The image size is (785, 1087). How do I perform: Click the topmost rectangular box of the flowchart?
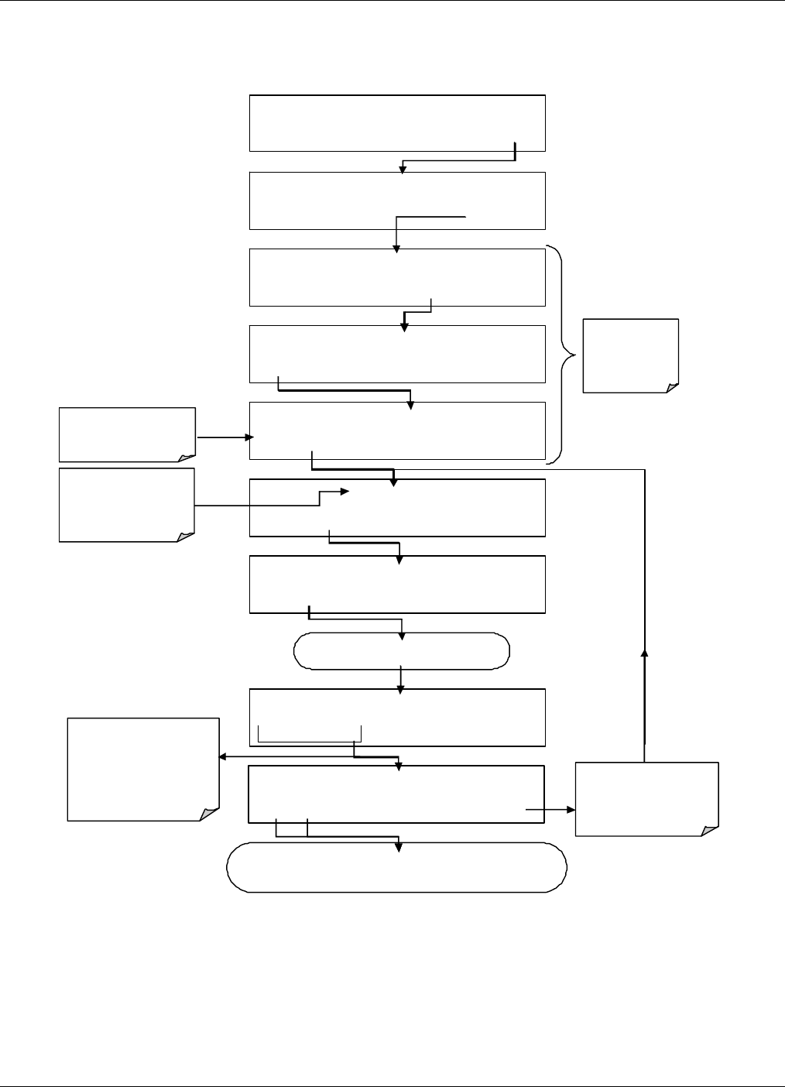(397, 123)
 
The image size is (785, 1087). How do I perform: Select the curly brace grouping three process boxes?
(566, 355)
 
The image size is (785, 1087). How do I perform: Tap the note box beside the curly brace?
(630, 355)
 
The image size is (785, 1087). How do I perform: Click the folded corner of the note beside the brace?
(672, 386)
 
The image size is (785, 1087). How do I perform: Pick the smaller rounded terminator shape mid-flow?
(401, 651)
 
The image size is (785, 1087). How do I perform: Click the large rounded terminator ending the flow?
(396, 867)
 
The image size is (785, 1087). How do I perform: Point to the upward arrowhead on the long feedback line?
(644, 653)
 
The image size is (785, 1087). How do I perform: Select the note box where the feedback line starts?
(646, 799)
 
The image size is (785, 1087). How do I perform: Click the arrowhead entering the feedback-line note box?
(571, 809)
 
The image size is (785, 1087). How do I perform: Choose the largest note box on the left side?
(143, 769)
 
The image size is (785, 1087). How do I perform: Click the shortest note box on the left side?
(127, 434)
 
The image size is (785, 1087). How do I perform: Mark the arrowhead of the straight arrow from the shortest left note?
(249, 437)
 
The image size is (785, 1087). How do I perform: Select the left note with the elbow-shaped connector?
(127, 504)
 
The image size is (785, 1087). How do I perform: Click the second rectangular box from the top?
(397, 201)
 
